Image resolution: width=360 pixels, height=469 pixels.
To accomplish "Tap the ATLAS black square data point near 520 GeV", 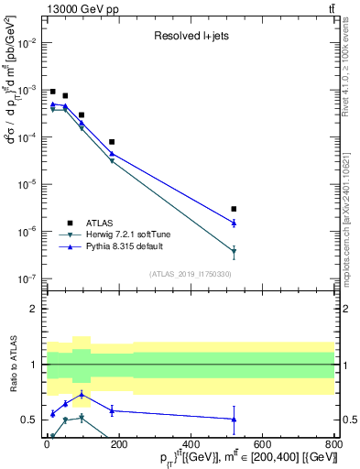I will (x=235, y=209).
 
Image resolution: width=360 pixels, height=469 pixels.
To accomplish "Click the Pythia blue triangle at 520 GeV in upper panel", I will (x=235, y=223).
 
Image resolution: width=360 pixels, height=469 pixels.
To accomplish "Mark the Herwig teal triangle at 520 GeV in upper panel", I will (x=235, y=251).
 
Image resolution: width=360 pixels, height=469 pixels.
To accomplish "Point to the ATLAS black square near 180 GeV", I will (x=112, y=142).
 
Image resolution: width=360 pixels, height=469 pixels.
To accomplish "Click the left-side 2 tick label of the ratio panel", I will (x=33, y=309).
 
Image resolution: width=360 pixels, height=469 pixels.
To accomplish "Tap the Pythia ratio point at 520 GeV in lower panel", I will (x=235, y=419).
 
